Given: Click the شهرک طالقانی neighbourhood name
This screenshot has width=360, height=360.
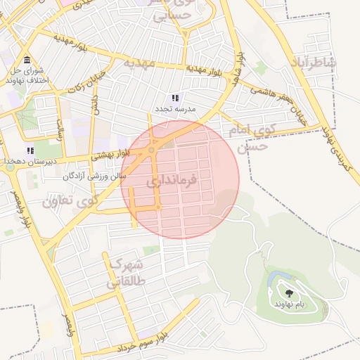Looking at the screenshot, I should coord(127,275).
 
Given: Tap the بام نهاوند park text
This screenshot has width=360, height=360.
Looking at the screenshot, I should coord(290,302).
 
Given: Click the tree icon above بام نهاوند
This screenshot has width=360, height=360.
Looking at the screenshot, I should coord(289,292).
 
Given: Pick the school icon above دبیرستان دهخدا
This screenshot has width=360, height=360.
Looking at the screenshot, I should coord(30,150).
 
